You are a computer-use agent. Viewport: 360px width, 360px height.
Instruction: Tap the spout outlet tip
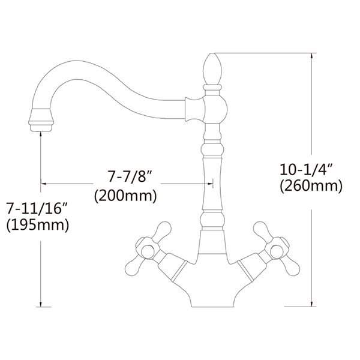click(x=40, y=123)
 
